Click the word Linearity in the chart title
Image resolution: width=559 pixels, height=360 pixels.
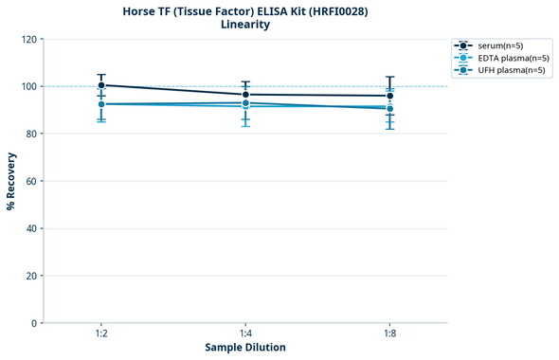244,25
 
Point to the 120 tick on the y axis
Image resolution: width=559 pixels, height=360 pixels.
29,39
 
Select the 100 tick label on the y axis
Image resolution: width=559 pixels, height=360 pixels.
29,86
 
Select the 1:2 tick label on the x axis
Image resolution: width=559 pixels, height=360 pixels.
101,334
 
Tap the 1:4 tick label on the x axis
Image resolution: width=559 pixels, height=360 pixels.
245,334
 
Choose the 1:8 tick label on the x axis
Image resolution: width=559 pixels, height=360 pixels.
389,334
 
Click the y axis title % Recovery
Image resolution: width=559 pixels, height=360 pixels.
11,180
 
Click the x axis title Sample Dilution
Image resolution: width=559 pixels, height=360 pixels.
245,348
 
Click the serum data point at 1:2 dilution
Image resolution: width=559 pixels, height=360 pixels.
101,85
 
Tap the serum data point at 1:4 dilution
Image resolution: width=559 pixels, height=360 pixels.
245,95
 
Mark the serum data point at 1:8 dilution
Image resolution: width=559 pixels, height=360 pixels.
389,96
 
